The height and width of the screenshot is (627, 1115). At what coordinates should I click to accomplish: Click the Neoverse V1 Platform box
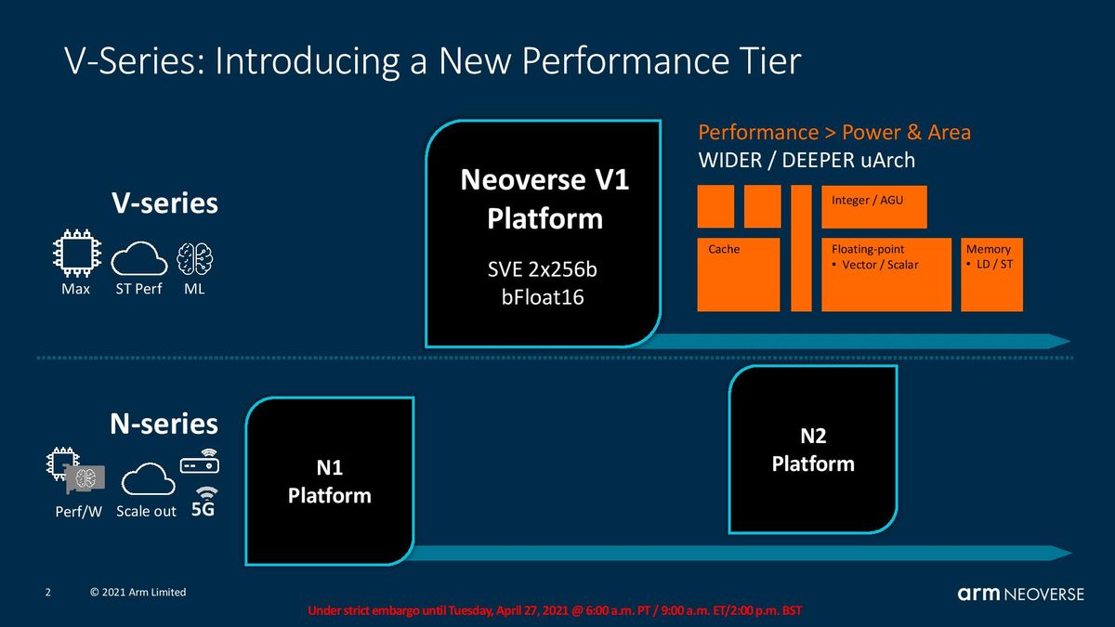(544, 233)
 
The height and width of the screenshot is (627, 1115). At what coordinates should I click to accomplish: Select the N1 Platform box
(330, 481)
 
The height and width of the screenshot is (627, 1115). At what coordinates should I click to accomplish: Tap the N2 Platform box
(813, 450)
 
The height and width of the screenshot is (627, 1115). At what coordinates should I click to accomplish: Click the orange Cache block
(738, 275)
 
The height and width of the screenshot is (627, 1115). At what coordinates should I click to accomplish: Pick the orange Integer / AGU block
(874, 207)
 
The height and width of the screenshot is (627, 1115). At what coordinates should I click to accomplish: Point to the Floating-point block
(886, 275)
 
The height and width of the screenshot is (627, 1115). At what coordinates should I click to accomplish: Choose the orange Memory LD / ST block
(991, 275)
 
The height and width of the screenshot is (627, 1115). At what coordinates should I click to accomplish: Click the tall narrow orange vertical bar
(801, 248)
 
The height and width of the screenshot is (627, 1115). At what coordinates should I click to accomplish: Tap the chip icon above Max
(77, 253)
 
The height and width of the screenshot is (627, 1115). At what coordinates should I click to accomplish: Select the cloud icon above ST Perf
(138, 259)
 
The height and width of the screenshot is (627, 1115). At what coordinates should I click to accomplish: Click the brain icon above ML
(194, 259)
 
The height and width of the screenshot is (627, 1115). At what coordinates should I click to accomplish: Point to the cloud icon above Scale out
(149, 478)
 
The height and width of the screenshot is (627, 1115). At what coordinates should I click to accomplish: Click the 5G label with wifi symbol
(203, 502)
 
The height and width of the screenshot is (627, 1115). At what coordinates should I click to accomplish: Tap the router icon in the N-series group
(200, 462)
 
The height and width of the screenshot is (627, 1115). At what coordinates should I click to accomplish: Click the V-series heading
(164, 203)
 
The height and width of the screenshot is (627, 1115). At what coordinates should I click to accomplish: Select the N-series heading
(164, 424)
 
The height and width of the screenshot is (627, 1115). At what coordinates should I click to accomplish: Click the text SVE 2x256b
(542, 269)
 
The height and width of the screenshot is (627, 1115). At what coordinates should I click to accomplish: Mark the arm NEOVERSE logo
(1020, 594)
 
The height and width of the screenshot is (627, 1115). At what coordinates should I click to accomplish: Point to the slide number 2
(47, 593)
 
